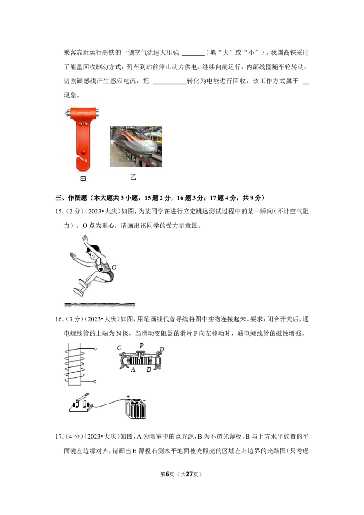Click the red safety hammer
pyautogui.click(x=83, y=138)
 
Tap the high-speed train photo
pyautogui.click(x=136, y=146)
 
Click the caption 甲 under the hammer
pyautogui.click(x=83, y=179)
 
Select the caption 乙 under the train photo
pyautogui.click(x=133, y=177)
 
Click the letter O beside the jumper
pyautogui.click(x=114, y=268)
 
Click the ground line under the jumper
pyautogui.click(x=100, y=305)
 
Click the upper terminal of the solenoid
pyautogui.click(x=95, y=349)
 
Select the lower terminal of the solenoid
pyautogui.click(x=95, y=381)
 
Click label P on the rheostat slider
pyautogui.click(x=141, y=345)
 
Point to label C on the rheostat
pyautogui.click(x=119, y=348)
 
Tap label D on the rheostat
pyautogui.click(x=162, y=349)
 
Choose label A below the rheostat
pyautogui.click(x=133, y=369)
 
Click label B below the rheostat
pyautogui.click(x=148, y=369)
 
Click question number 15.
pyautogui.click(x=59, y=212)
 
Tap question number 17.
pyautogui.click(x=59, y=436)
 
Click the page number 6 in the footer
pyautogui.click(x=167, y=474)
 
